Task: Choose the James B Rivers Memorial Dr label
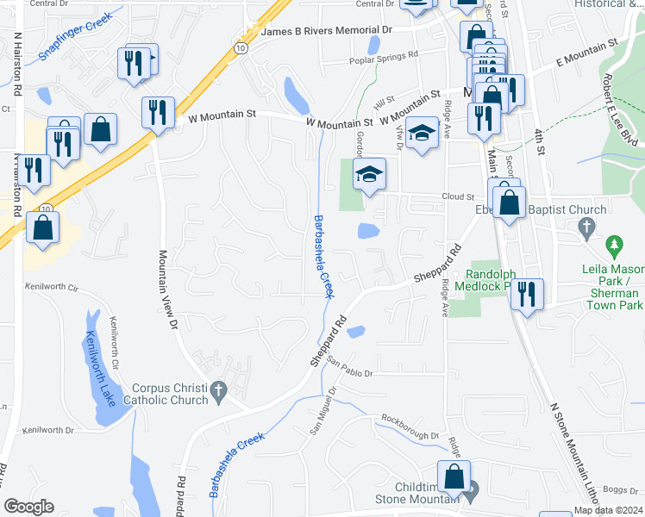tap(326, 30)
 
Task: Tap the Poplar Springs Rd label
tap(384, 61)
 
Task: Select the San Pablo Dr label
tap(350, 373)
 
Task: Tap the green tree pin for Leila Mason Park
tap(614, 247)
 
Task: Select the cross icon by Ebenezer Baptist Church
tap(587, 228)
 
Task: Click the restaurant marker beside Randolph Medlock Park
tap(526, 293)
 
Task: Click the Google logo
tap(28, 506)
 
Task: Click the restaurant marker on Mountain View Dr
tap(157, 112)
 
